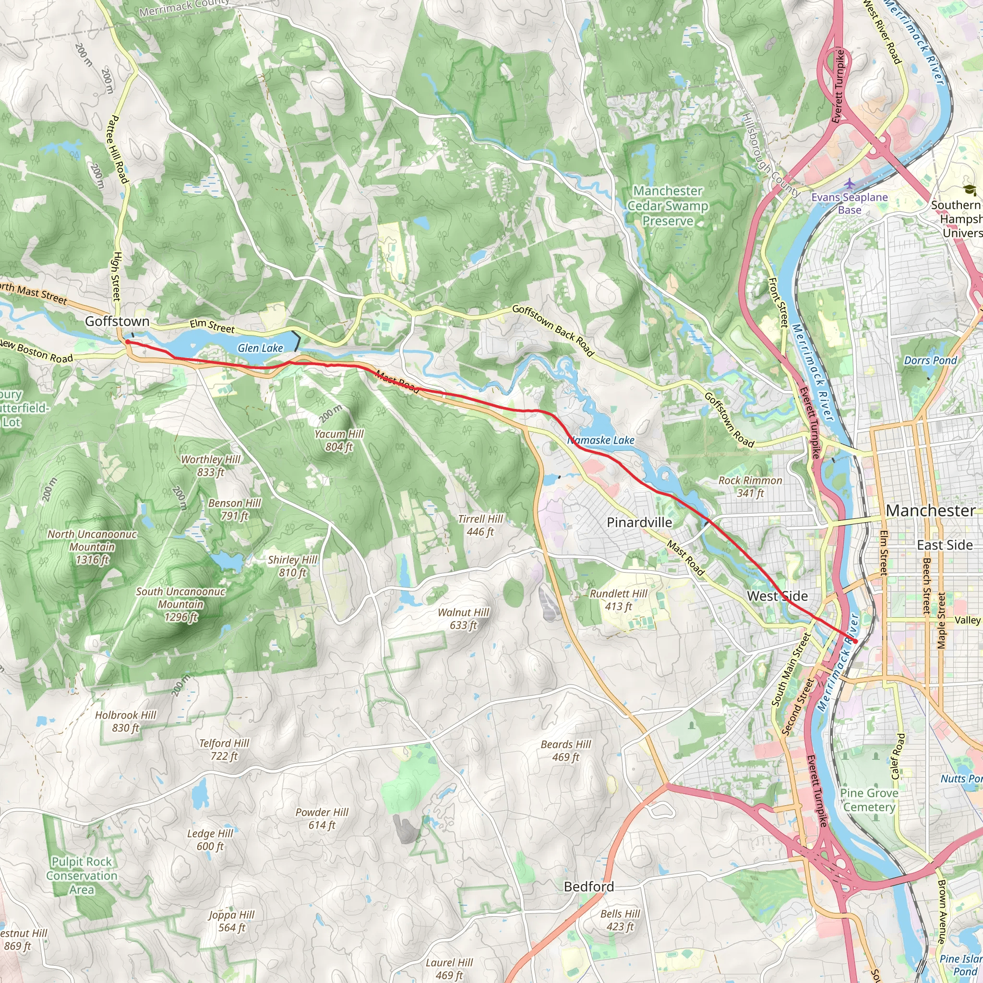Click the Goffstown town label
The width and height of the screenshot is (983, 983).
117,321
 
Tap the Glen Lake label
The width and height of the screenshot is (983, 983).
260,348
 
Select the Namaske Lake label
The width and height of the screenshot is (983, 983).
601,440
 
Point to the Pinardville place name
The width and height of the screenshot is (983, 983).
639,523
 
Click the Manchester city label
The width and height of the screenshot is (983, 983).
930,511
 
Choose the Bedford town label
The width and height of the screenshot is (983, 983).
588,887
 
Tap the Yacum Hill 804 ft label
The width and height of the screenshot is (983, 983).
339,440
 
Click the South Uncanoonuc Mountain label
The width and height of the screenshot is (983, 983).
180,604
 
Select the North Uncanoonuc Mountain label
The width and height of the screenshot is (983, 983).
92,547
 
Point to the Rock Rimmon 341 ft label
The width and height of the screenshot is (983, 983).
750,486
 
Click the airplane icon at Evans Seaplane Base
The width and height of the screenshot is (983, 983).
849,183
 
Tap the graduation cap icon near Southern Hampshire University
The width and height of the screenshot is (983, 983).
970,190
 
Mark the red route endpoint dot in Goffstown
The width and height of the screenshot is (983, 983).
128,342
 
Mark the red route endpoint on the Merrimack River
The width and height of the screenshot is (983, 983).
855,641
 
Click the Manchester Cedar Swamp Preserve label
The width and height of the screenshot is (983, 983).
668,205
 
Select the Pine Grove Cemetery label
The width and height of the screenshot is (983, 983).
869,800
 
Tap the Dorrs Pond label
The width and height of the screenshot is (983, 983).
930,360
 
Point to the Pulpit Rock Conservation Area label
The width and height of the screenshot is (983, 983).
82,875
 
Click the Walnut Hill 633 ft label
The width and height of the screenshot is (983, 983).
463,618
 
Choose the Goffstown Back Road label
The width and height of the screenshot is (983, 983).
553,330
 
